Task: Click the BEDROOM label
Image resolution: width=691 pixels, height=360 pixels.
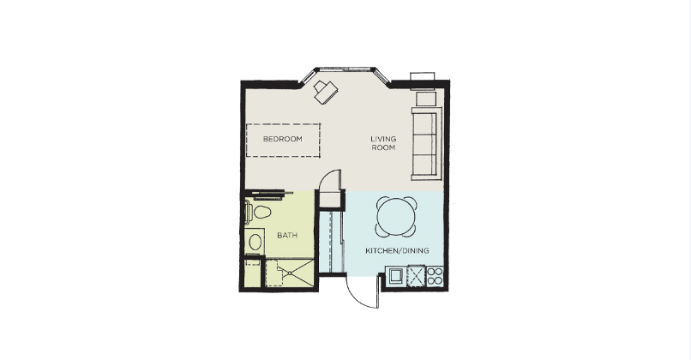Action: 283,139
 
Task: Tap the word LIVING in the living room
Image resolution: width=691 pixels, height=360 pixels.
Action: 383,139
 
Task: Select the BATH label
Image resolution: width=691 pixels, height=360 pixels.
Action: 287,236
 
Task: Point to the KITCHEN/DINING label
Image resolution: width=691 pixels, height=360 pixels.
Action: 397,251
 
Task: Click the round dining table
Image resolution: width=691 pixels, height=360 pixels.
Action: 396,217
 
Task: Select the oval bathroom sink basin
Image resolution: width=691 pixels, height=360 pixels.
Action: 255,242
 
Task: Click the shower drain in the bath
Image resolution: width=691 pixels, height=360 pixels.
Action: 290,273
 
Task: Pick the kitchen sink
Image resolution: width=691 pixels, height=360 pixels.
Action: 395,276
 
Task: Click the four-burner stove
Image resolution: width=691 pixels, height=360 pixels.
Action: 435,276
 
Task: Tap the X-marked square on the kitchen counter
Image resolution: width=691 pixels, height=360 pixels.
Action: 416,276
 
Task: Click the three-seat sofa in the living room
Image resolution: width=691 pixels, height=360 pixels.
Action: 426,144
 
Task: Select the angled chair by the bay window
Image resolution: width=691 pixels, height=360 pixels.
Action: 326,92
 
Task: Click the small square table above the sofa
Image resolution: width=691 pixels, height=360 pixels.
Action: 426,99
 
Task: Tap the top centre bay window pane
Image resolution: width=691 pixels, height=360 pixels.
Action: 346,69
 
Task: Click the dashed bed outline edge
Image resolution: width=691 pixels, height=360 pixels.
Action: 284,124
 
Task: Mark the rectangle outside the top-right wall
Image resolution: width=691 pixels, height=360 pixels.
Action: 423,76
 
